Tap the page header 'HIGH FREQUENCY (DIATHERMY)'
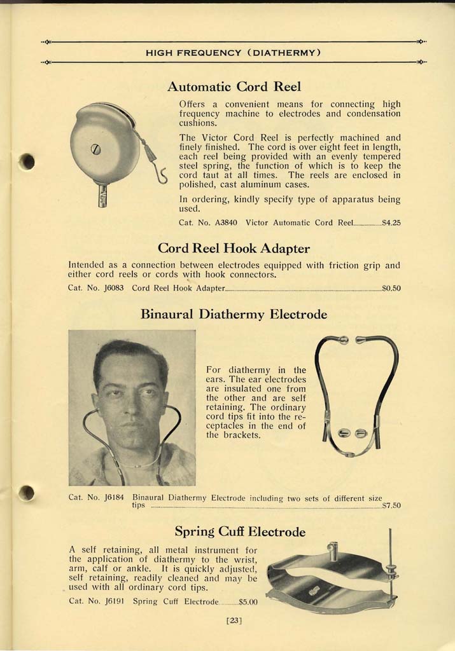click(233, 52)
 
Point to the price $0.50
click(391, 288)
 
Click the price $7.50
click(391, 506)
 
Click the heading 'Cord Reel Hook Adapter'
click(234, 248)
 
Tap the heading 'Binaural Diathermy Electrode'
click(234, 314)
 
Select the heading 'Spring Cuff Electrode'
click(240, 531)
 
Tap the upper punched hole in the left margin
click(27, 161)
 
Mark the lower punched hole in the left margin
click(27, 491)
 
